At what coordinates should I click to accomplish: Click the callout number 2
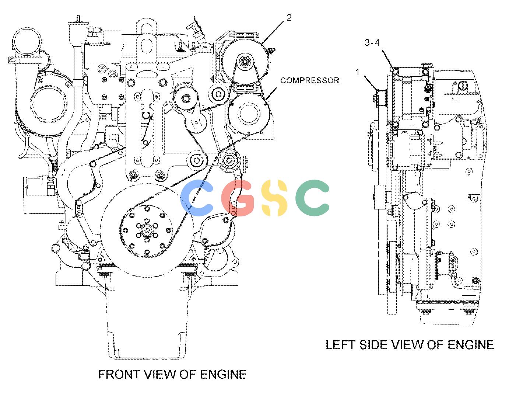tap(289, 18)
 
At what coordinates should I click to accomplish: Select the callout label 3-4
tap(372, 43)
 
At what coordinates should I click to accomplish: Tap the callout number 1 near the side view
tap(358, 72)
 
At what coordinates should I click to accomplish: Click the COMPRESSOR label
tap(310, 81)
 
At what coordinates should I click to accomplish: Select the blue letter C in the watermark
tap(197, 198)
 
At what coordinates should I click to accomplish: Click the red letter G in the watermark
tap(238, 198)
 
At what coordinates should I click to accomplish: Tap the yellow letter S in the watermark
tap(274, 198)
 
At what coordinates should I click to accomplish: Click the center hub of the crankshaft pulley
tap(147, 230)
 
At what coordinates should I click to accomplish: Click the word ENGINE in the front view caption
tap(223, 374)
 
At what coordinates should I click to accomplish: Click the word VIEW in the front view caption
tap(159, 374)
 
